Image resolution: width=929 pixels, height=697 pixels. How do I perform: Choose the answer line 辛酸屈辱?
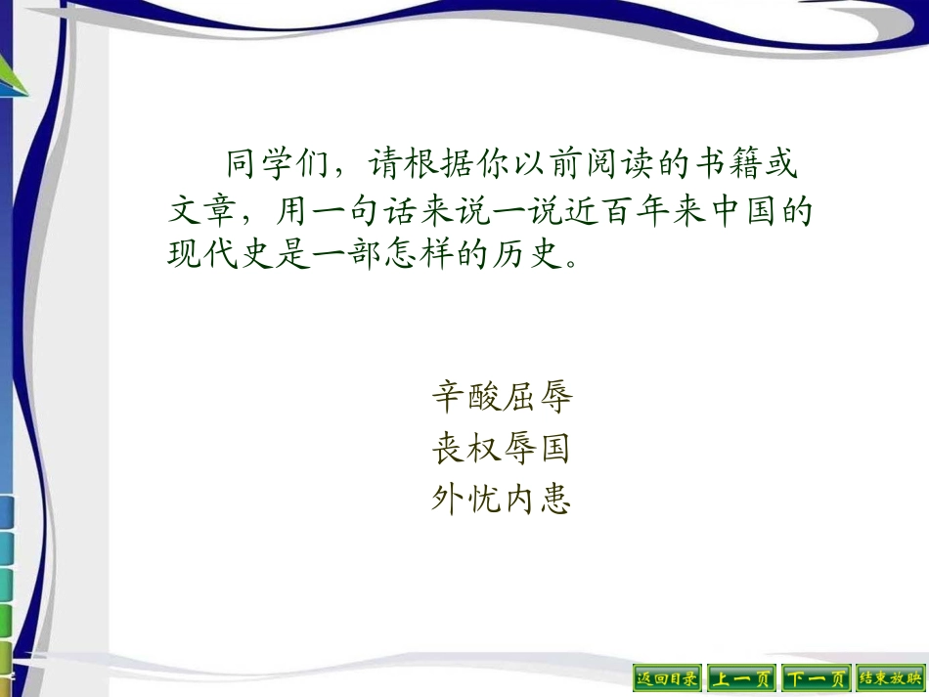(x=501, y=396)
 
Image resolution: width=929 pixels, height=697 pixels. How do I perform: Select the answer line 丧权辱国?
(x=501, y=449)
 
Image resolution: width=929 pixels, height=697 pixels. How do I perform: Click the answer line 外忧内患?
(x=501, y=500)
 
